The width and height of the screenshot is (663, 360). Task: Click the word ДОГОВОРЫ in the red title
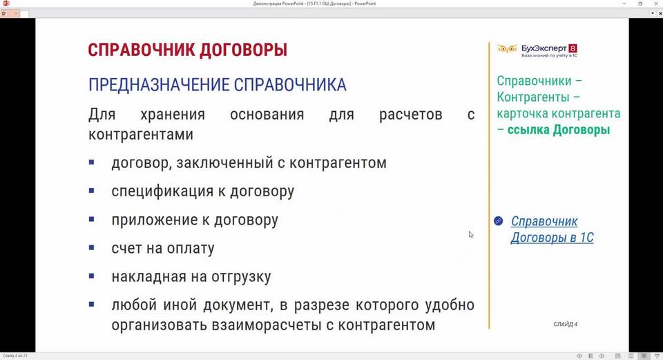[x=243, y=50]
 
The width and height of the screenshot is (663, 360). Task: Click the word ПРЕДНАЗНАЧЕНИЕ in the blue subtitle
[x=159, y=85]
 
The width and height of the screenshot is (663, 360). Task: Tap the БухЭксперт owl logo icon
[x=507, y=49]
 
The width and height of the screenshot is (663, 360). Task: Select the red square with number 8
[x=573, y=48]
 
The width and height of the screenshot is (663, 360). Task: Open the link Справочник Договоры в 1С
[x=552, y=229]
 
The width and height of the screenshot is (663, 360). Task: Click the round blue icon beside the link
[x=499, y=221]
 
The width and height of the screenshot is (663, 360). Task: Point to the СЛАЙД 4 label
[x=566, y=324]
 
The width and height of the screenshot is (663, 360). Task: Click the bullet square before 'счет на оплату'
[x=92, y=247]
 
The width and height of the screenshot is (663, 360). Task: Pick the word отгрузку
[x=241, y=277]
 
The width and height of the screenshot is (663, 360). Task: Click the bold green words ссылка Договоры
[x=559, y=130]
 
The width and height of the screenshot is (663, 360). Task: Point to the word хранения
[x=173, y=115]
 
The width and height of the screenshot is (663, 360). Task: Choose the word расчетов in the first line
[x=410, y=115]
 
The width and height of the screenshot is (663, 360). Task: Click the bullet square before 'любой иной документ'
[x=92, y=304]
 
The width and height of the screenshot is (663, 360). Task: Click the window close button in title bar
[x=657, y=3]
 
